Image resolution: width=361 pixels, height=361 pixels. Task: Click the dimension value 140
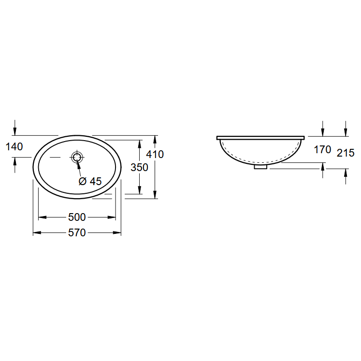pyautogui.click(x=14, y=146)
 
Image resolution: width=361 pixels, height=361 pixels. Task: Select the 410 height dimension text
pyautogui.click(x=155, y=154)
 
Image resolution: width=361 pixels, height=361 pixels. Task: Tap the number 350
pyautogui.click(x=139, y=167)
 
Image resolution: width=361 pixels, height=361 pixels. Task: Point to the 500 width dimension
pyautogui.click(x=77, y=217)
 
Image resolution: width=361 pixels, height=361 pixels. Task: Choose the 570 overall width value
pyautogui.click(x=77, y=233)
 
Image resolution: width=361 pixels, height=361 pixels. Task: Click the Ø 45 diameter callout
pyautogui.click(x=90, y=181)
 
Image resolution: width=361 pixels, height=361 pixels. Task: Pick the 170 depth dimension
pyautogui.click(x=322, y=150)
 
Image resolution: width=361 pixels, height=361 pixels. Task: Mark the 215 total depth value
pyautogui.click(x=346, y=153)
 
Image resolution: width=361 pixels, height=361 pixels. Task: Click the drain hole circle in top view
pyautogui.click(x=77, y=157)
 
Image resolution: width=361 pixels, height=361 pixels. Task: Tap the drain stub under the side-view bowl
pyautogui.click(x=260, y=167)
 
